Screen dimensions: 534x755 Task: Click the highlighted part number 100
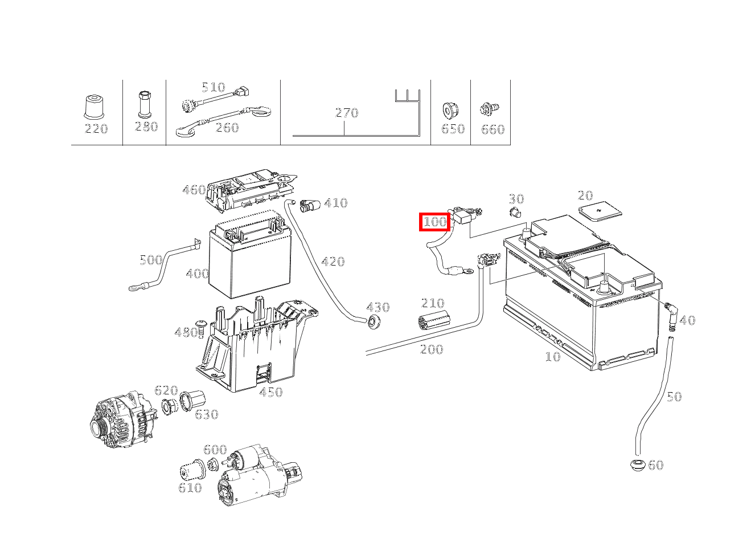[x=435, y=222]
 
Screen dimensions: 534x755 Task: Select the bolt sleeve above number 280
[x=145, y=103]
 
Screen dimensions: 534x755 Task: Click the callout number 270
[x=346, y=113]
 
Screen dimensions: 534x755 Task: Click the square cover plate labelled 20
[x=600, y=213]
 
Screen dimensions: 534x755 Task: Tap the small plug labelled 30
[x=515, y=214]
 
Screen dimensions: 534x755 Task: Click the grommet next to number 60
[x=638, y=464]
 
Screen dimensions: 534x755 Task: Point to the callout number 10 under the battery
[x=552, y=357]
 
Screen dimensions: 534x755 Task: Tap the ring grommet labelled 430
[x=374, y=322]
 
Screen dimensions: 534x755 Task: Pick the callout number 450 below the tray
[x=270, y=392]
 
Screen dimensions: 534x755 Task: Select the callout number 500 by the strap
[x=151, y=260]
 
